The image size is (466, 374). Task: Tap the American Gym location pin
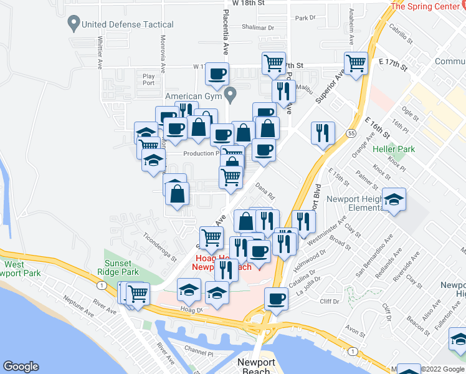231,96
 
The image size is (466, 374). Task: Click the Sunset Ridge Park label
118,267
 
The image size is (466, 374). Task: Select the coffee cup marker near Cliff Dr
275,299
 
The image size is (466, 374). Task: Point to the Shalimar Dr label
259,27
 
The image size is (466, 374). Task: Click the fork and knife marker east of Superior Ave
323,133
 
